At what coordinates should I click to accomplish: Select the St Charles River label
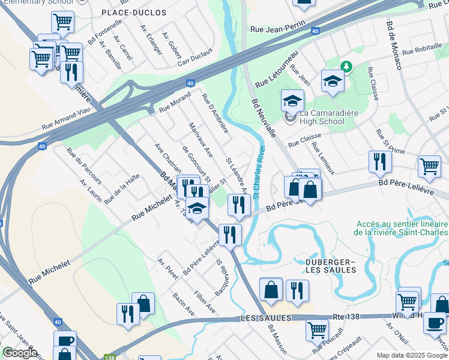coord(258,173)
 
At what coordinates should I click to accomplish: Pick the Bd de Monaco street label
coord(394,46)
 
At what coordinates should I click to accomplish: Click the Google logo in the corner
coord(20,352)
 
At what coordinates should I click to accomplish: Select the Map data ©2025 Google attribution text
coord(411,355)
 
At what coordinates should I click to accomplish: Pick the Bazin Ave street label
coord(183,302)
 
